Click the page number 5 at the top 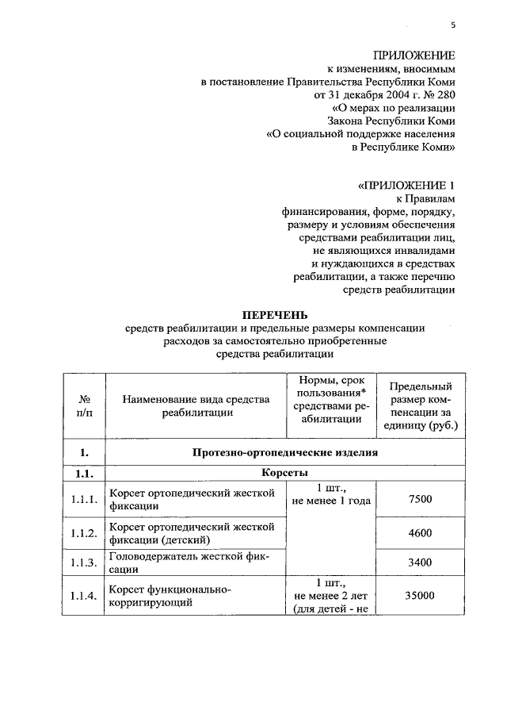[x=453, y=25]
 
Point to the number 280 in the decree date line [x=444, y=95]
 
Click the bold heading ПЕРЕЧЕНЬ [x=274, y=315]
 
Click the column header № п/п [x=83, y=405]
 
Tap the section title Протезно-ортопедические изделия [x=284, y=453]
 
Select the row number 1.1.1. [x=83, y=499]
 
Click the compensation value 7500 [x=420, y=499]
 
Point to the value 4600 [x=420, y=533]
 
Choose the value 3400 [x=420, y=562]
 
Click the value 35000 [x=420, y=596]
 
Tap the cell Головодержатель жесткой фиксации [x=189, y=562]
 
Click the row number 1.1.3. [x=83, y=562]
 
